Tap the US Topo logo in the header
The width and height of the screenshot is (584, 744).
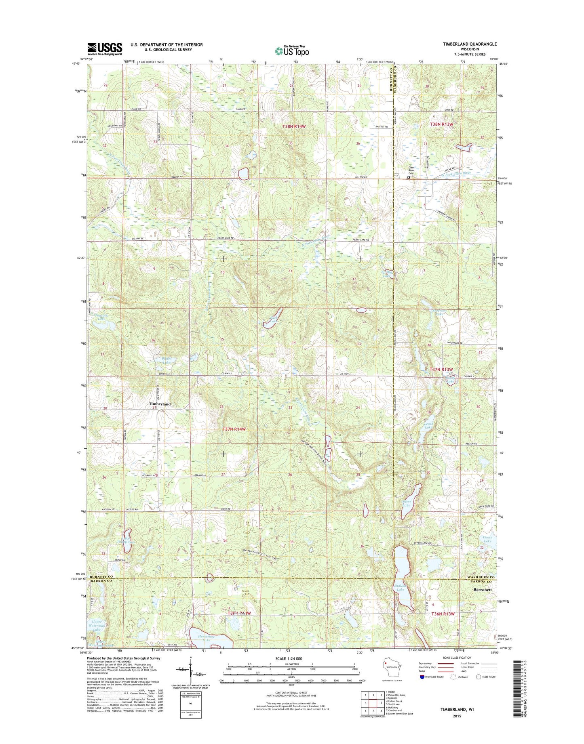(292, 50)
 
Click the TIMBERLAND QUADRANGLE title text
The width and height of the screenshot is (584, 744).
(464, 44)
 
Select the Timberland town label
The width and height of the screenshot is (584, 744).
(160, 404)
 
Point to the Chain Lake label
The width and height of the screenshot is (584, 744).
(487, 540)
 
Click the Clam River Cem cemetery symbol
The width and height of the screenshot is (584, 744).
(409, 177)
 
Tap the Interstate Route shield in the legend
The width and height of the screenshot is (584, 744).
(422, 688)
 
